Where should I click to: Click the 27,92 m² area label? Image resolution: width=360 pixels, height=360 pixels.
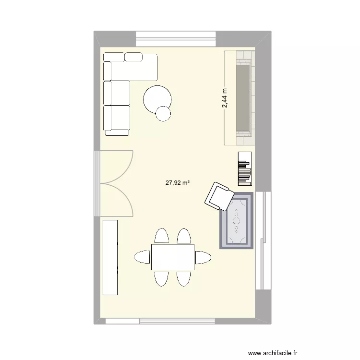(178, 182)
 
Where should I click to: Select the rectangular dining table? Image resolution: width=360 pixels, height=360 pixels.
(173, 257)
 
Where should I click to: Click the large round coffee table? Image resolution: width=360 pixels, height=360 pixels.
(157, 99)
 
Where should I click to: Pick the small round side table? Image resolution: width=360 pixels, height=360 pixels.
(163, 113)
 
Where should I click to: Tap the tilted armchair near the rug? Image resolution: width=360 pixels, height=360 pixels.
(219, 196)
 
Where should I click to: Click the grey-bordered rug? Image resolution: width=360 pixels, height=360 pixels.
(236, 221)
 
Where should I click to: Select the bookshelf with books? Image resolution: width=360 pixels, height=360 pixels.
(245, 168)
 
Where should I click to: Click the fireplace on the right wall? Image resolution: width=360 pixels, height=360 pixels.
(243, 98)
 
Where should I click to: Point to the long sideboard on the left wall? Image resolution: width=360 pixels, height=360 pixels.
(110, 257)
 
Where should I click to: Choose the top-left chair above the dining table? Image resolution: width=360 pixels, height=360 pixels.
(161, 236)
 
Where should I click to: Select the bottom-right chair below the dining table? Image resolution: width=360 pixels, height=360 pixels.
(184, 278)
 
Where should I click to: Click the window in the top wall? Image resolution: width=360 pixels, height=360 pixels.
(176, 38)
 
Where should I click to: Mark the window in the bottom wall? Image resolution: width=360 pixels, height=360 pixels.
(180, 320)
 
